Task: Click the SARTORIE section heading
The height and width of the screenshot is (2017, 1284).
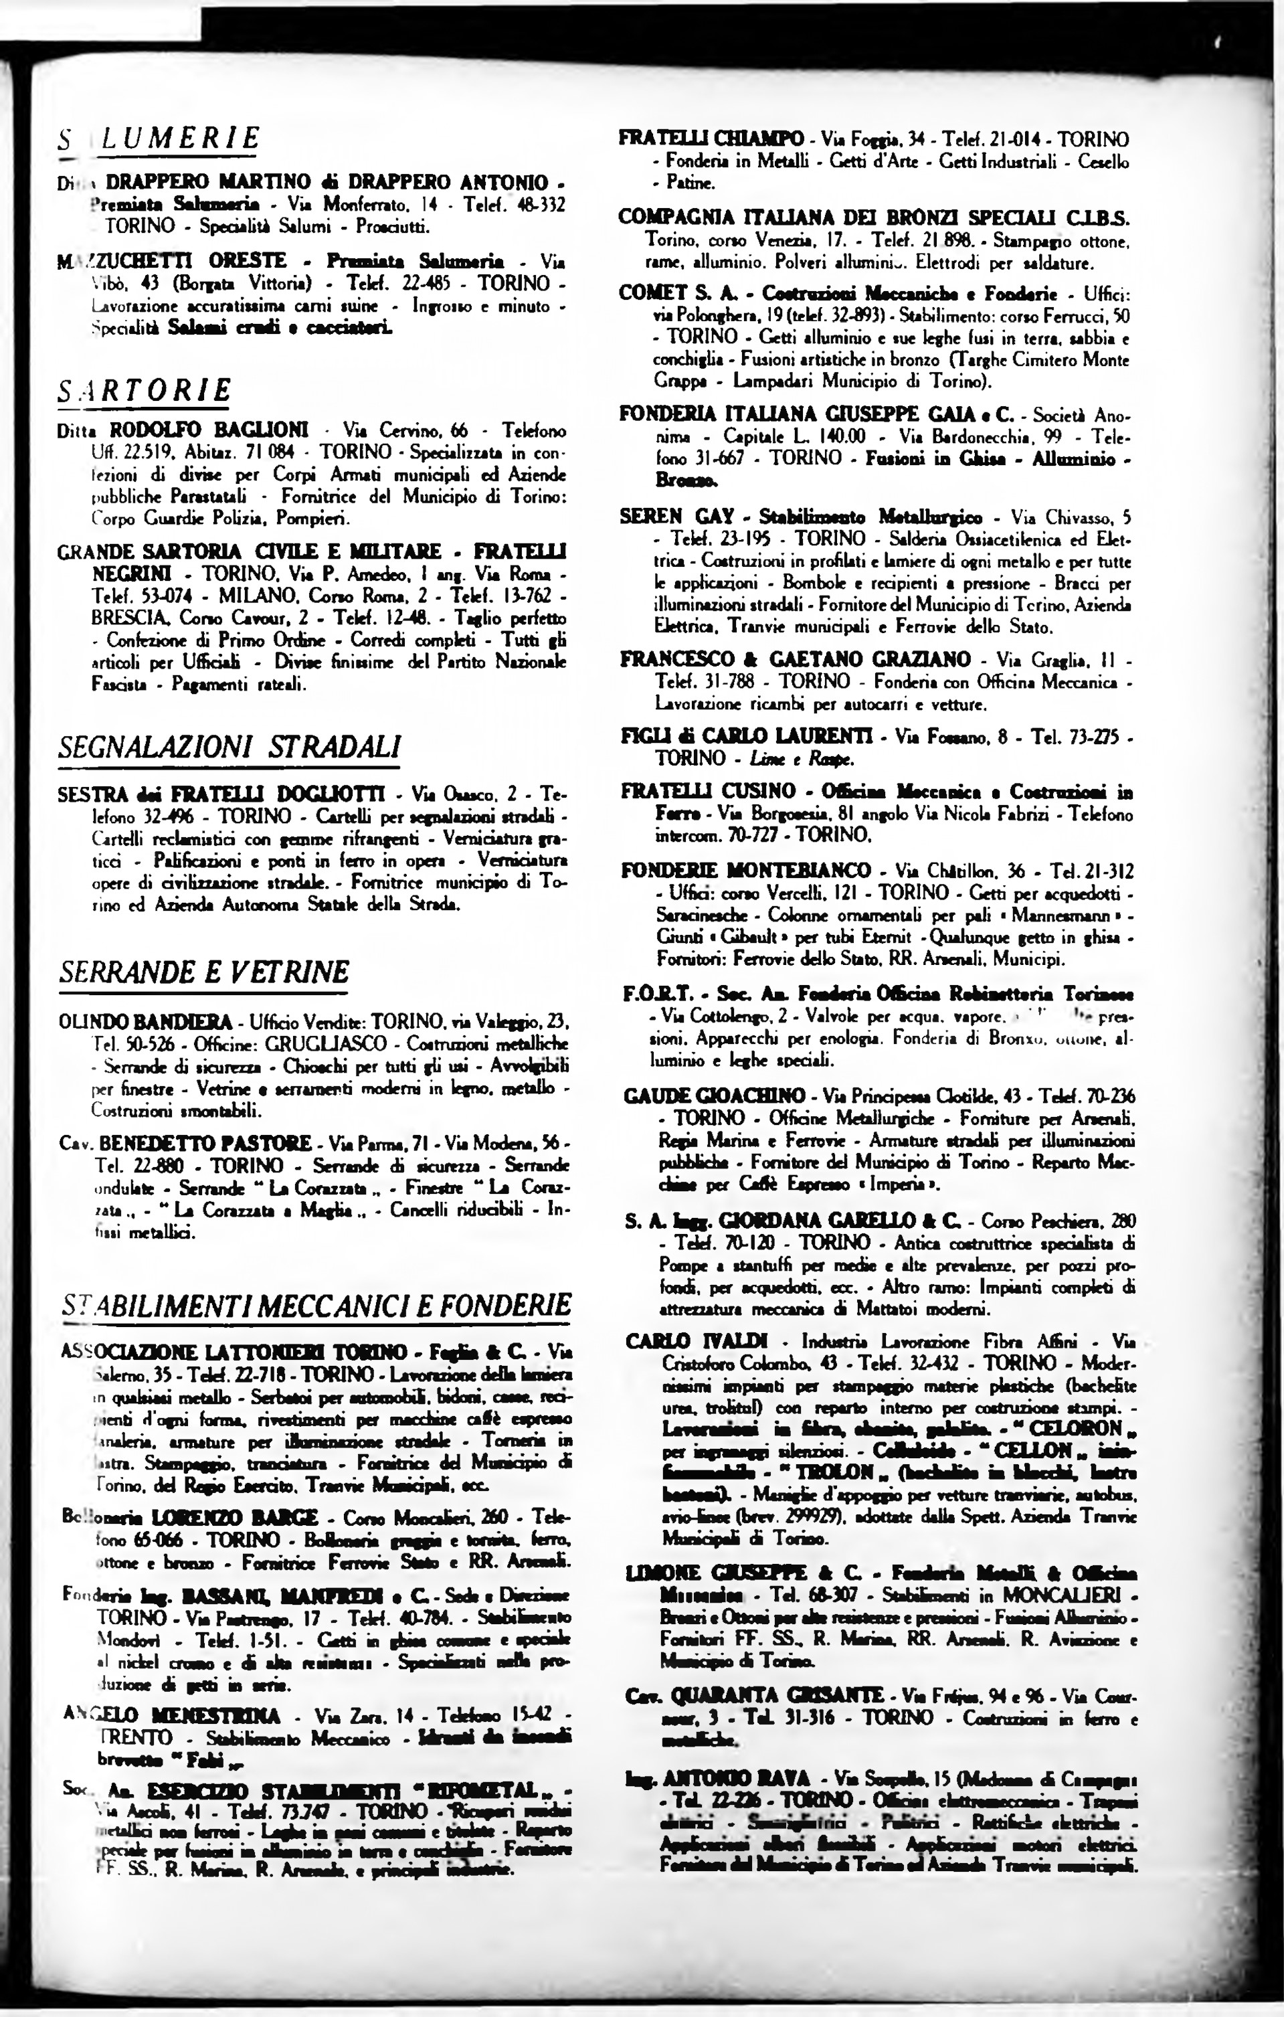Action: [144, 390]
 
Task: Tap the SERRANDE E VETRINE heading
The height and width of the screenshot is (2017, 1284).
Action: [203, 972]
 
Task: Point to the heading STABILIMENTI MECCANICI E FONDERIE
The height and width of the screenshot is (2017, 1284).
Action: [316, 1304]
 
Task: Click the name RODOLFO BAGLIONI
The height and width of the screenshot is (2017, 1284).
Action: [209, 430]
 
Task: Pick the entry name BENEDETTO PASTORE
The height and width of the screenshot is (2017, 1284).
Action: [204, 1144]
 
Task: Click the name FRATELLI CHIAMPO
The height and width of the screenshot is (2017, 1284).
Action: [711, 139]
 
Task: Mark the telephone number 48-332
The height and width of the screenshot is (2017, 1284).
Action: [538, 204]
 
